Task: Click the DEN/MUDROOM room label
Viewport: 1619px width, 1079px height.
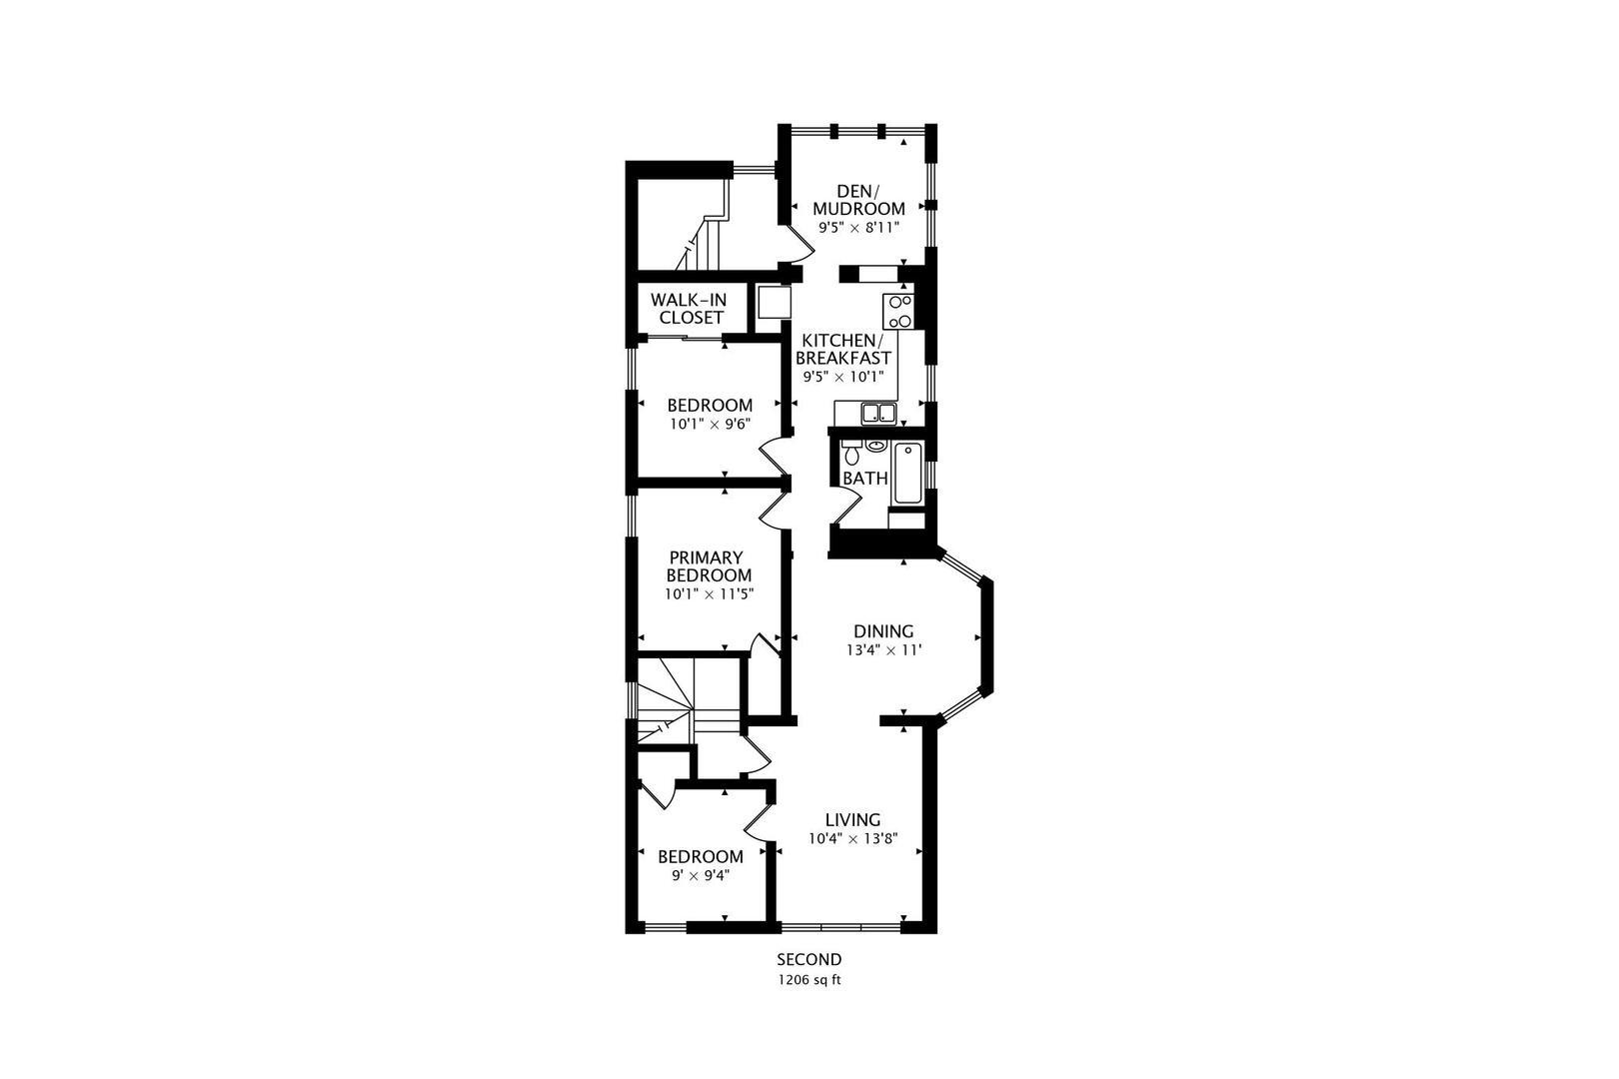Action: (858, 200)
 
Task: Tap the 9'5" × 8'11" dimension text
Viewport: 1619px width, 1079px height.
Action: (858, 228)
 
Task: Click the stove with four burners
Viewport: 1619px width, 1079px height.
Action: (898, 311)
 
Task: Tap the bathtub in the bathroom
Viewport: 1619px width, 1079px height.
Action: (908, 474)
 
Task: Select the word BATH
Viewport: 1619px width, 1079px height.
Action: (864, 479)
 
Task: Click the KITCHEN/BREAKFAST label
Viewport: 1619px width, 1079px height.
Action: (842, 350)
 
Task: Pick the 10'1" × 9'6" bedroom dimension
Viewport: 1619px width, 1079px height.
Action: (710, 424)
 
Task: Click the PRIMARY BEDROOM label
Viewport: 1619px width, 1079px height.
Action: (709, 566)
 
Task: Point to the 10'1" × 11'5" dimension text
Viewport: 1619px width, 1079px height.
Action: (709, 594)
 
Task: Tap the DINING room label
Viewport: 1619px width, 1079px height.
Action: (883, 631)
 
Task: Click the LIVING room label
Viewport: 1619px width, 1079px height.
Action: (852, 820)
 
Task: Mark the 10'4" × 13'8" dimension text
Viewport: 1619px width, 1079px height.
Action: (852, 839)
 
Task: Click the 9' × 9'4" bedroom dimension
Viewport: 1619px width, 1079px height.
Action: (700, 875)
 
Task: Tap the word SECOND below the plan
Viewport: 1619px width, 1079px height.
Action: (809, 960)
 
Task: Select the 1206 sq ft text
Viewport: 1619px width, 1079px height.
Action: (809, 980)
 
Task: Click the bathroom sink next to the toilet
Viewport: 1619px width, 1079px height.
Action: (876, 445)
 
